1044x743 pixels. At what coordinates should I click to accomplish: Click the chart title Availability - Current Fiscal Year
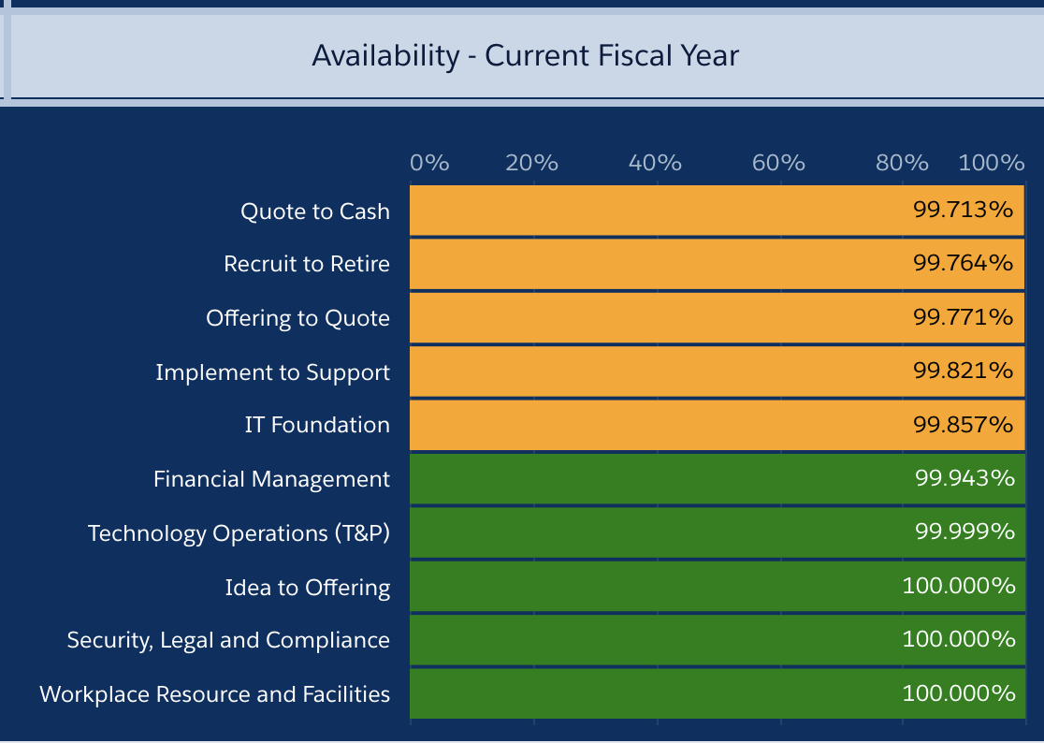coord(526,56)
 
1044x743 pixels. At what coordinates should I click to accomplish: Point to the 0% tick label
coord(429,163)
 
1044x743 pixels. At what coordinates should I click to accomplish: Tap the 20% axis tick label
coord(531,163)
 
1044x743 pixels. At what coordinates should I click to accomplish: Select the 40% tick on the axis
coord(655,163)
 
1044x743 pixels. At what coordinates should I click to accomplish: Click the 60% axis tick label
coord(778,163)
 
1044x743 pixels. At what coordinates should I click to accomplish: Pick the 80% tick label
coord(902,163)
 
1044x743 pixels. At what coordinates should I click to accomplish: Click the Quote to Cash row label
coord(315,211)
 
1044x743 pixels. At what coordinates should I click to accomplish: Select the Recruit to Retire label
coord(307,264)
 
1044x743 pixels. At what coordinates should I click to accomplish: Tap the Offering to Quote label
coord(297,318)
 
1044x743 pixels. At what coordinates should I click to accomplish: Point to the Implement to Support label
coord(273,372)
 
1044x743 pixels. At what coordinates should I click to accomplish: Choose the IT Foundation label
coord(317,425)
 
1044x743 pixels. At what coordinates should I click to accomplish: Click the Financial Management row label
coord(271,479)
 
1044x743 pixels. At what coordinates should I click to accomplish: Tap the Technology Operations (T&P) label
coord(239,533)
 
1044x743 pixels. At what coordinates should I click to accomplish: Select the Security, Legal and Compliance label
coord(228,640)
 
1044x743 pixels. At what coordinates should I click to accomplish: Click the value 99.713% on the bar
coord(963,210)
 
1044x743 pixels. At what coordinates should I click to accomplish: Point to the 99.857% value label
coord(963,425)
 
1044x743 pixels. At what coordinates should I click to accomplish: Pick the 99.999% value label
coord(964,532)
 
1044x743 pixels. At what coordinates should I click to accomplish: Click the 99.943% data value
coord(964,478)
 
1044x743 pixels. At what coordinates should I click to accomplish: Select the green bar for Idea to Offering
coord(718,587)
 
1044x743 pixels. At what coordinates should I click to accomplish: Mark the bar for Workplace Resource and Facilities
coord(718,693)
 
